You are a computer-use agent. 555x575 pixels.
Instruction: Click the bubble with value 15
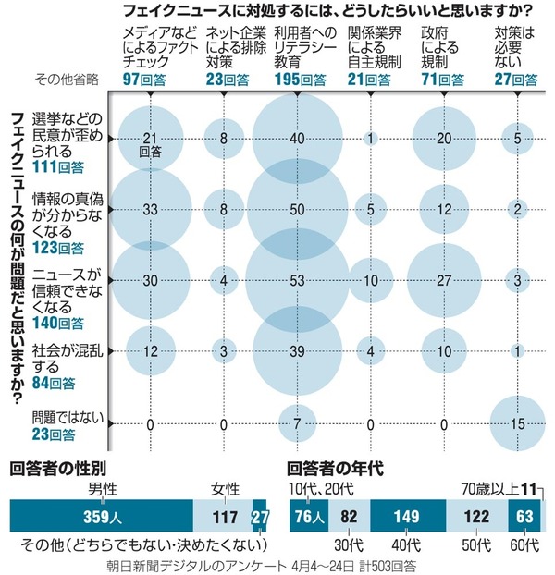point(521,423)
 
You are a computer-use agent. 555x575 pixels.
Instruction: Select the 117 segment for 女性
point(222,516)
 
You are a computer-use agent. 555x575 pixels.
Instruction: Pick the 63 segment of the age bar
point(524,516)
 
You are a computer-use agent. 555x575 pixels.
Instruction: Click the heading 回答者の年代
point(328,467)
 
